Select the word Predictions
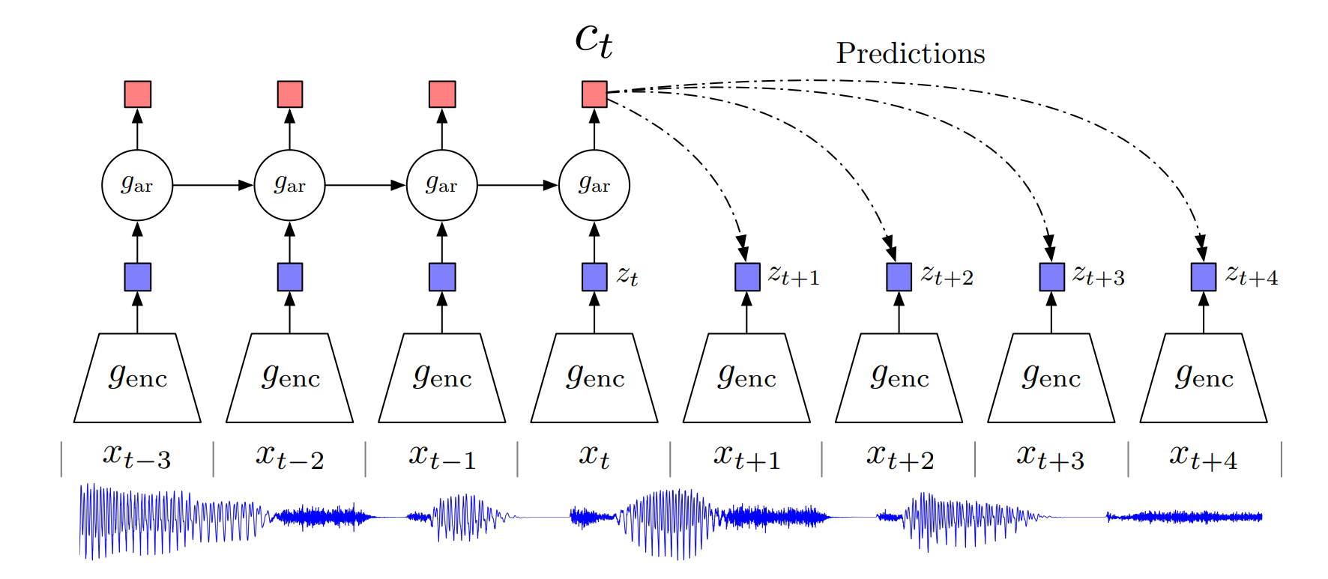coord(910,53)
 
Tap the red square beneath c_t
coord(594,94)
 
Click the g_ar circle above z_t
coord(594,185)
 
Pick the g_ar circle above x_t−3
coord(137,185)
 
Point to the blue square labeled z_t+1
coord(747,277)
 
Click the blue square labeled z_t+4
coord(1204,277)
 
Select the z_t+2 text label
coord(947,276)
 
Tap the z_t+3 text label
coord(1099,276)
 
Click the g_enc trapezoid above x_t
coord(594,378)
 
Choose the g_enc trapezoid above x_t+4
coord(1204,378)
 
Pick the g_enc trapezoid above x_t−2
coord(290,378)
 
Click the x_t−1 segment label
coord(442,457)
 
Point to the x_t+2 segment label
coord(900,457)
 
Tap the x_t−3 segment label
coord(137,457)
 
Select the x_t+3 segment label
coord(1051,457)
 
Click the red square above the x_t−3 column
coord(138,94)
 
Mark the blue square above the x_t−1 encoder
coord(442,277)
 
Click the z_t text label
coord(627,276)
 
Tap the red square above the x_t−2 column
coord(290,94)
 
